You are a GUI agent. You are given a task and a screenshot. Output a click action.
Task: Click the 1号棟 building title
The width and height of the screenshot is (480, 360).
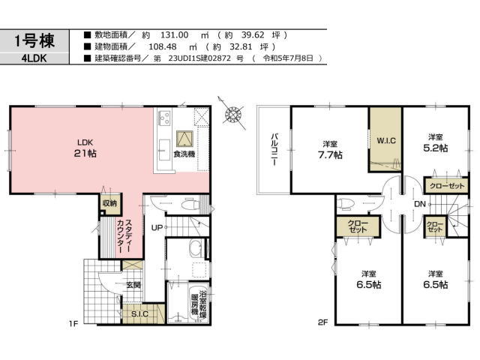pyautogui.click(x=34, y=41)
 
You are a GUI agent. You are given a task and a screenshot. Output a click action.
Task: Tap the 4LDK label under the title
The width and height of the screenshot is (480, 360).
pyautogui.click(x=34, y=58)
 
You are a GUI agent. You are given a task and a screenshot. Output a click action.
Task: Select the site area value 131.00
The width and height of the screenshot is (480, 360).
pyautogui.click(x=175, y=35)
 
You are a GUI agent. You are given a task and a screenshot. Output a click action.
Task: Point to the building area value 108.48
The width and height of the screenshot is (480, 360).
pyautogui.click(x=163, y=46)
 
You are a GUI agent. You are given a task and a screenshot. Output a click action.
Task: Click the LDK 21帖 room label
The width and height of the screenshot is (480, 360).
pyautogui.click(x=85, y=148)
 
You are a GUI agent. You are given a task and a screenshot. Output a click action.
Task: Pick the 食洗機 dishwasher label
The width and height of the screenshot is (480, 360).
pyautogui.click(x=184, y=154)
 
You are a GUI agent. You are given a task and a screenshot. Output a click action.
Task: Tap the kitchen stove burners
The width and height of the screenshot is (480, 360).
pyautogui.click(x=164, y=118)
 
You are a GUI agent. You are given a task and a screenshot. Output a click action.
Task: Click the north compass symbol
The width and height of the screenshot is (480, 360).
pyautogui.click(x=232, y=115)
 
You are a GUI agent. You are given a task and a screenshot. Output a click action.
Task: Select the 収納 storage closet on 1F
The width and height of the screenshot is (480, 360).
pyautogui.click(x=110, y=203)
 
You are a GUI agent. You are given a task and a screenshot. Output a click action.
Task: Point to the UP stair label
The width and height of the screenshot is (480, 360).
pyautogui.click(x=157, y=228)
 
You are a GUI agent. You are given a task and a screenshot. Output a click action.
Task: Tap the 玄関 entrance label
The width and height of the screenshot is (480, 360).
pyautogui.click(x=133, y=285)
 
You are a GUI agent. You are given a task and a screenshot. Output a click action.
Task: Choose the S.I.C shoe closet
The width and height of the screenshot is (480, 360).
pyautogui.click(x=140, y=313)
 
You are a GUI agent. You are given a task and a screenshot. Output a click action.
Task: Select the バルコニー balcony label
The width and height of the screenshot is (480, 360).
pyautogui.click(x=274, y=149)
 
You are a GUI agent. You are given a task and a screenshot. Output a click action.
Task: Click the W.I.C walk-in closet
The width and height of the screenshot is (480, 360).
pyautogui.click(x=385, y=140)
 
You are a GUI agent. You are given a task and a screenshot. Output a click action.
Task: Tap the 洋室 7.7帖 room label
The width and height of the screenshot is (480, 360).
pyautogui.click(x=330, y=150)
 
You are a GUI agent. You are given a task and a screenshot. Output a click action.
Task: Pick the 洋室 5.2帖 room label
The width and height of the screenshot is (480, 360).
pyautogui.click(x=435, y=143)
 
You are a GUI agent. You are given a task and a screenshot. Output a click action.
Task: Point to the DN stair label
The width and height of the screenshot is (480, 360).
pyautogui.click(x=420, y=204)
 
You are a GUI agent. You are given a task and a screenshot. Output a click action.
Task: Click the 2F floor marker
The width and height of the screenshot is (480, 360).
pyautogui.click(x=322, y=322)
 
